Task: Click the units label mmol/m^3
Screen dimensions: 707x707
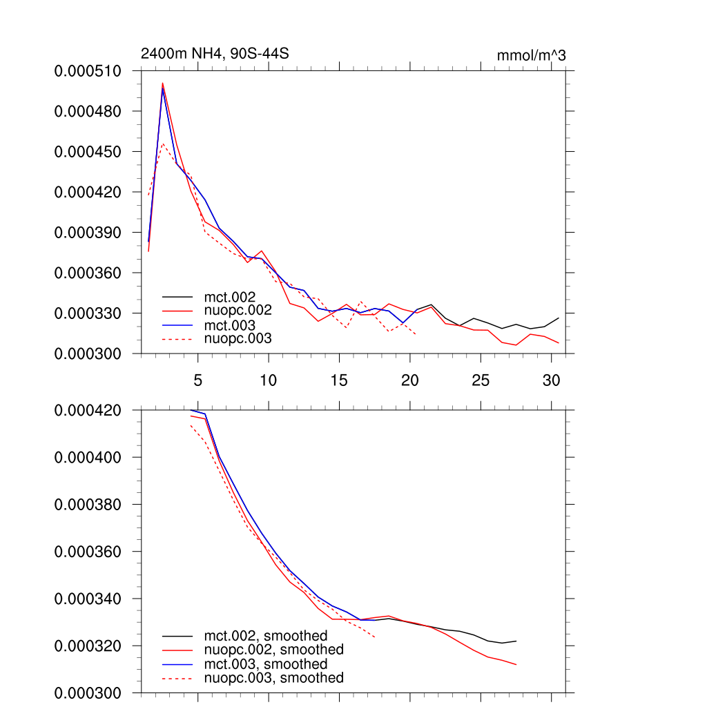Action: pos(531,55)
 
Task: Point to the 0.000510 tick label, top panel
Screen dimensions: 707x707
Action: pos(88,70)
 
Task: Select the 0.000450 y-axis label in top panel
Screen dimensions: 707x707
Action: pos(88,151)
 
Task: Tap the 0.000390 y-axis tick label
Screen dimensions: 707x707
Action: pos(88,232)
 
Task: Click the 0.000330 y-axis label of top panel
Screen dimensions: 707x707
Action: pos(88,313)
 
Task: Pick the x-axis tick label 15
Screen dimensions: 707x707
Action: pos(338,380)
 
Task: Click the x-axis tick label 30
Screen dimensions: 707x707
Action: pos(550,380)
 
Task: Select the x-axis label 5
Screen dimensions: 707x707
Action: pos(197,380)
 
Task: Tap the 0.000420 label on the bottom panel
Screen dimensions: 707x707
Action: pos(88,410)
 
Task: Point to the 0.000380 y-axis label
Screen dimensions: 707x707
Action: pos(88,505)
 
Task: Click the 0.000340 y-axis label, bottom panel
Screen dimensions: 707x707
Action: pos(88,599)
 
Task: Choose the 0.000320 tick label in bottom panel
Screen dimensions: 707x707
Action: pos(88,646)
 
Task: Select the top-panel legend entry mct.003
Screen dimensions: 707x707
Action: pos(235,325)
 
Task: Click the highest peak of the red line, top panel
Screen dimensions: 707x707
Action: pos(163,84)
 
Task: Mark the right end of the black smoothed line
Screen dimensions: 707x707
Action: pos(516,641)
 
